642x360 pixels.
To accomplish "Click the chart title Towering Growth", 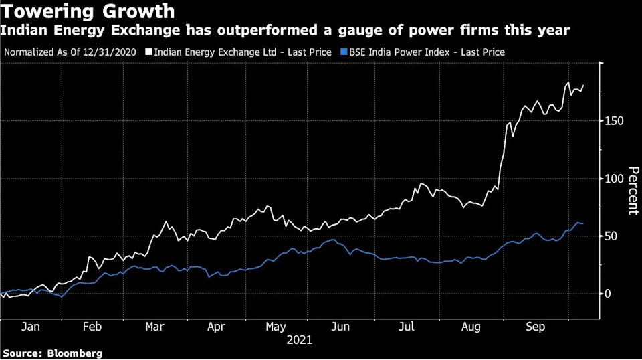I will tap(89, 11).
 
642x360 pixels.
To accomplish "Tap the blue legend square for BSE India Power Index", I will tap(344, 52).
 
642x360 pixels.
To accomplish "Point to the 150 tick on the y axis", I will tap(614, 121).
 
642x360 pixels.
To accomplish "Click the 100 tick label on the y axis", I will tap(614, 179).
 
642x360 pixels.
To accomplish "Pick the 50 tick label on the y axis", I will tap(611, 236).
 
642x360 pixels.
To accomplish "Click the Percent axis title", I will tap(631, 190).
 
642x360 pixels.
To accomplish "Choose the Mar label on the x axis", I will tap(154, 327).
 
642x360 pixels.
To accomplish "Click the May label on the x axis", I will tap(276, 327).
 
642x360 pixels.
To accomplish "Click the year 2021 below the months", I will tap(299, 340).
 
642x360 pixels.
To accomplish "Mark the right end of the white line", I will tap(584, 85).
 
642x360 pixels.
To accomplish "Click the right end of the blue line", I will tap(583, 223).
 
